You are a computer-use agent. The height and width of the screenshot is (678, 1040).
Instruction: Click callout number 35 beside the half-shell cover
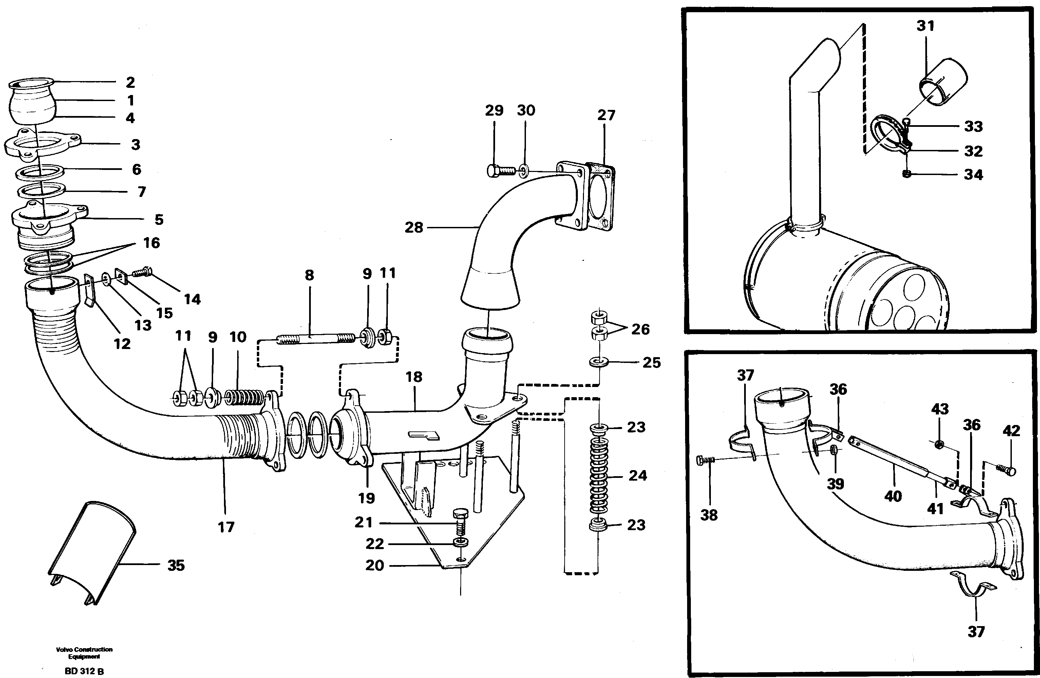click(176, 565)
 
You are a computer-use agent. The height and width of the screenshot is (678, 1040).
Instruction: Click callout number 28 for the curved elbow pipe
click(413, 228)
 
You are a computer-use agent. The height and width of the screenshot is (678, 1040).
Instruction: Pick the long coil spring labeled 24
click(599, 476)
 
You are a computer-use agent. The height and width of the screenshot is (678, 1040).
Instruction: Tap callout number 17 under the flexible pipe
click(226, 527)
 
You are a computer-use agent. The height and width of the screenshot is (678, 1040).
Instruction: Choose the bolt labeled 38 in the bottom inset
click(706, 460)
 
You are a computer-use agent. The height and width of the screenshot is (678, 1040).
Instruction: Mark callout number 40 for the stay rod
click(893, 496)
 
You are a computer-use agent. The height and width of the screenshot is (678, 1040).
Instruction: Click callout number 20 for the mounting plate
click(375, 565)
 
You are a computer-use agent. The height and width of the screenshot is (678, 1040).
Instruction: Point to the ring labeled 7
click(41, 191)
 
